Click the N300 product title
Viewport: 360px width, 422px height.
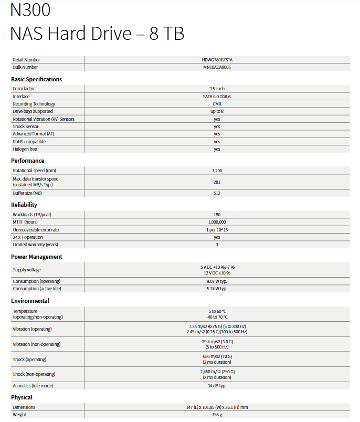point(30,10)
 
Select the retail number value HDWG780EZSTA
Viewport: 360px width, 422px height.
point(217,60)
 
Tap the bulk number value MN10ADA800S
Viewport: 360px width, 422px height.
point(217,67)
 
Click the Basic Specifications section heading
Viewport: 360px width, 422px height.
point(36,79)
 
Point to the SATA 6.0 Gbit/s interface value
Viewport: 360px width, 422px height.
point(217,97)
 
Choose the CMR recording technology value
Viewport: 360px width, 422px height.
point(217,104)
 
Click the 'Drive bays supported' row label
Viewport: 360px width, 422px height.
point(33,111)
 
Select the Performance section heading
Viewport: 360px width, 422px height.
point(27,161)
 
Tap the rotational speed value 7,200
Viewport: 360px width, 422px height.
point(217,171)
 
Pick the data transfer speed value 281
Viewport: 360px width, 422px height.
point(217,182)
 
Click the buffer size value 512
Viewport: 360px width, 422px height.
point(217,193)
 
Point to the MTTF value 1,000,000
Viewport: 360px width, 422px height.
point(217,222)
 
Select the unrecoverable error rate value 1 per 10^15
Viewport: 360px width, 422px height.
point(217,230)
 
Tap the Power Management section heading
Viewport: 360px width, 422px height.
point(37,257)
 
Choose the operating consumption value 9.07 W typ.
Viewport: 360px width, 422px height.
point(217,281)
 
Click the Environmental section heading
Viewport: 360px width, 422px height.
point(30,301)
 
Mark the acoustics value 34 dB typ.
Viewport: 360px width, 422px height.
point(217,386)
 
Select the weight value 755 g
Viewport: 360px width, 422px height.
point(217,415)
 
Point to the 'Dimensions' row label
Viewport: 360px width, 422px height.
point(24,407)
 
